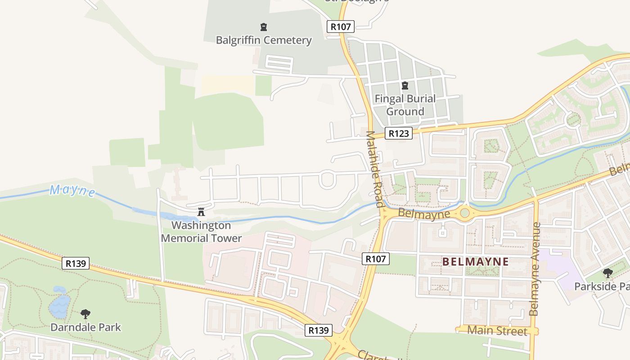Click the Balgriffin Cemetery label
click(264, 40)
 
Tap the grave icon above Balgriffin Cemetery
click(264, 27)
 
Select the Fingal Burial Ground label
click(405, 105)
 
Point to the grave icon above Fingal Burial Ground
click(405, 85)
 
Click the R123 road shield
click(399, 133)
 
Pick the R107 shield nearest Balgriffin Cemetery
click(340, 27)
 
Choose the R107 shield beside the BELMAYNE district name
click(375, 259)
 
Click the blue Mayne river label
click(72, 191)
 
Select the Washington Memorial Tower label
click(201, 232)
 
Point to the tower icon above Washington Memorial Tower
click(201, 211)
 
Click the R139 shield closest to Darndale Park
click(75, 263)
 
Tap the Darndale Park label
click(85, 327)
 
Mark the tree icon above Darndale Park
click(85, 314)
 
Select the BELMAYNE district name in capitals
click(476, 261)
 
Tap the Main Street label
click(497, 331)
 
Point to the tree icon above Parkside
click(607, 273)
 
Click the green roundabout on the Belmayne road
click(465, 213)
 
